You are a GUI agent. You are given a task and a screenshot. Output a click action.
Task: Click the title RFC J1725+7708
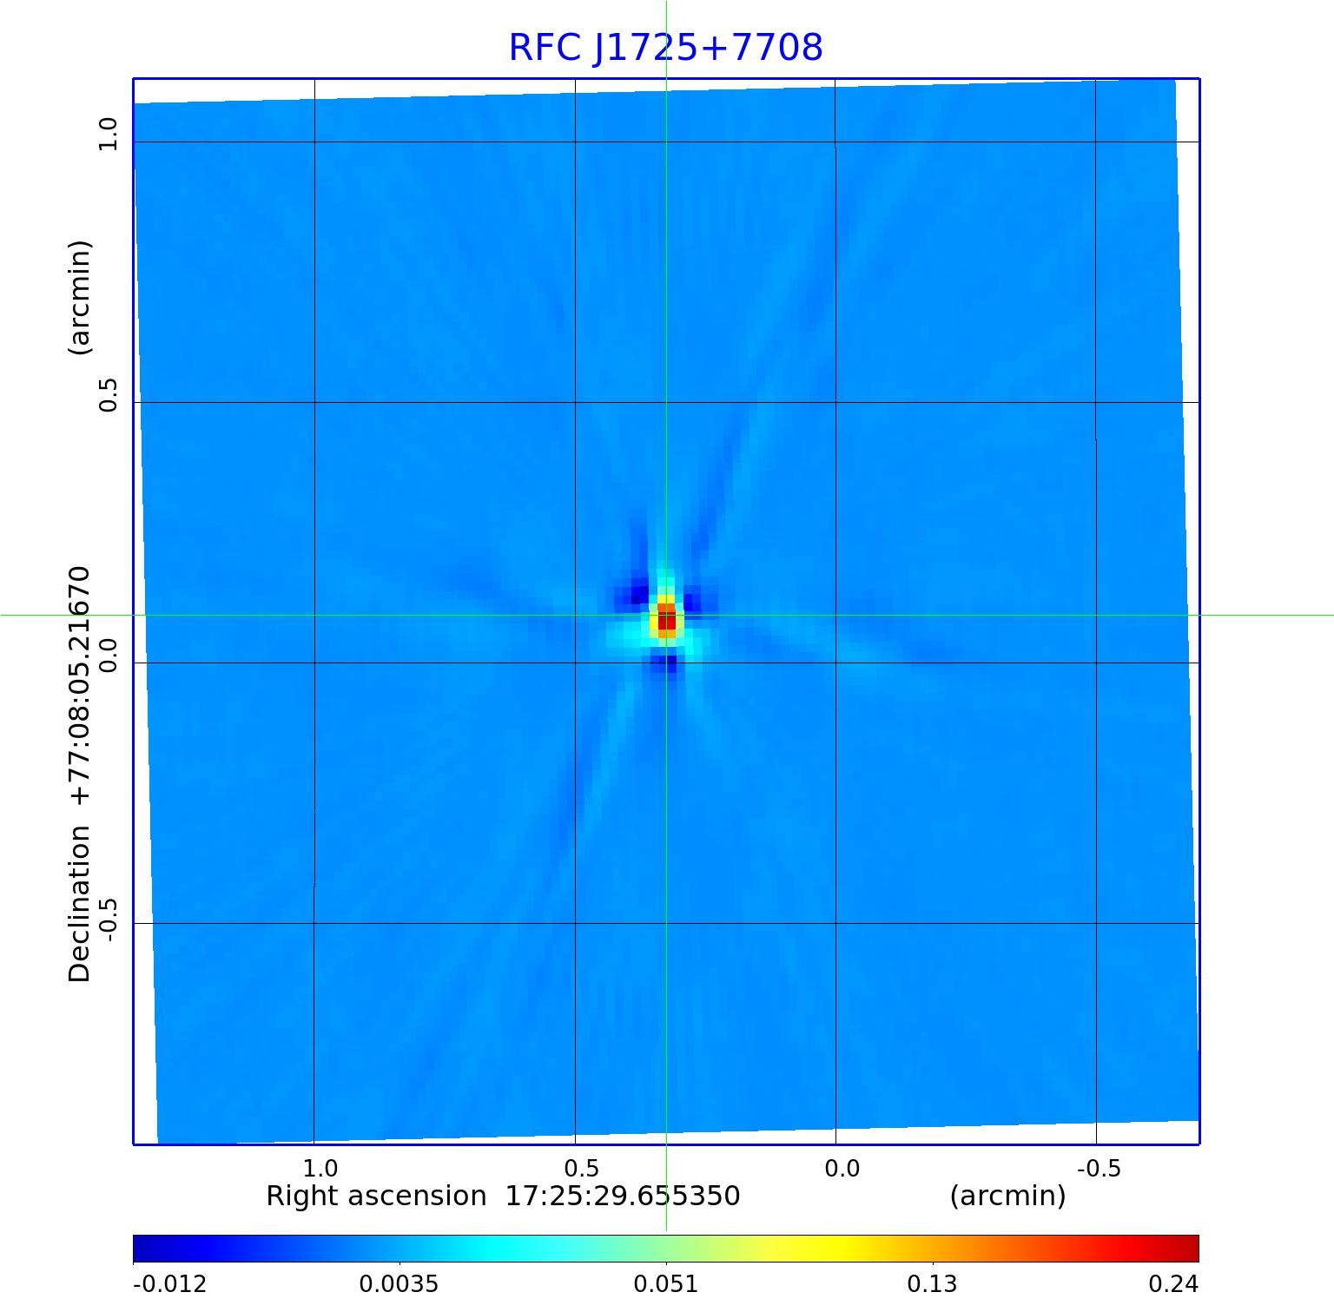[x=665, y=48]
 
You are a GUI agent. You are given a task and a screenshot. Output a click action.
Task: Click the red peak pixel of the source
[x=666, y=621]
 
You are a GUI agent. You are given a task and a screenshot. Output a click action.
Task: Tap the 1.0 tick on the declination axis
[x=108, y=135]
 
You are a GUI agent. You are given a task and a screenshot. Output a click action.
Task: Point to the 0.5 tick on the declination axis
[x=108, y=395]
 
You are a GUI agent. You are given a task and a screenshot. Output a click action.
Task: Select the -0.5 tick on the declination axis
[x=108, y=919]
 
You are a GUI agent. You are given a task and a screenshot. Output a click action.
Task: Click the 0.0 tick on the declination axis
[x=108, y=656]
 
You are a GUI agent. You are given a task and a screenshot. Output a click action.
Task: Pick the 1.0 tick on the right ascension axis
[x=320, y=1168]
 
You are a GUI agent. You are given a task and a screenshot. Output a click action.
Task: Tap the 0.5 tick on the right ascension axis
[x=581, y=1168]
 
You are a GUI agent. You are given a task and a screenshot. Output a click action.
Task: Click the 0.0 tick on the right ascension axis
[x=842, y=1168]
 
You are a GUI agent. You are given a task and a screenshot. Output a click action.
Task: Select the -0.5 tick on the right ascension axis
[x=1099, y=1168]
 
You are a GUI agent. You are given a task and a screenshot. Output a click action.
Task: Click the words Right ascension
[x=375, y=1197]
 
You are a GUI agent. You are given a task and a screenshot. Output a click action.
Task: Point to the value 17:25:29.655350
[x=623, y=1197]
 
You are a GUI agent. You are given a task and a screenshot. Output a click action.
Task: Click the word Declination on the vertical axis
[x=80, y=904]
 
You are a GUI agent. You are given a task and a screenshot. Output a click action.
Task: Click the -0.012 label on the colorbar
[x=169, y=1284]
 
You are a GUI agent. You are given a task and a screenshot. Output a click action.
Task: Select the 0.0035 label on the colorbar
[x=399, y=1284]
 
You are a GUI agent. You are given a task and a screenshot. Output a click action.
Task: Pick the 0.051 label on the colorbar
[x=665, y=1284]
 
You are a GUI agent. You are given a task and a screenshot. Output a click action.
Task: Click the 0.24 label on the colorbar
[x=1173, y=1284]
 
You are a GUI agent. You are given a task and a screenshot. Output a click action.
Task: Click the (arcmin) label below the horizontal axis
[x=1007, y=1197]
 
